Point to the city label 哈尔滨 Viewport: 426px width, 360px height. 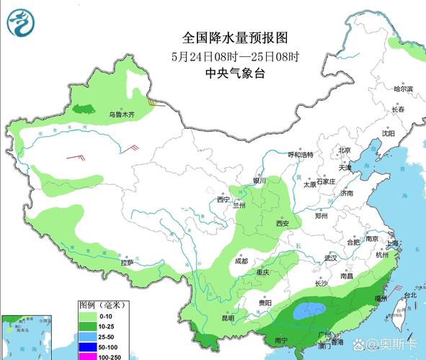tap(404, 89)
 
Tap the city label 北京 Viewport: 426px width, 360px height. tap(345, 150)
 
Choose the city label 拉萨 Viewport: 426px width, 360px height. tap(128, 264)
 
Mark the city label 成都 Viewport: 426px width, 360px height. tap(240, 261)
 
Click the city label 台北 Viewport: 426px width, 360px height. tap(409, 295)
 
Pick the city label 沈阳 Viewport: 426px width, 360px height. tap(389, 133)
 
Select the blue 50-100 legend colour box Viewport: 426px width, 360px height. tap(88, 347)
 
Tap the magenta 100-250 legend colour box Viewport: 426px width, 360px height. tap(88, 356)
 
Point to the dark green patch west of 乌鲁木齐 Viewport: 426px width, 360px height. tap(83, 109)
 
